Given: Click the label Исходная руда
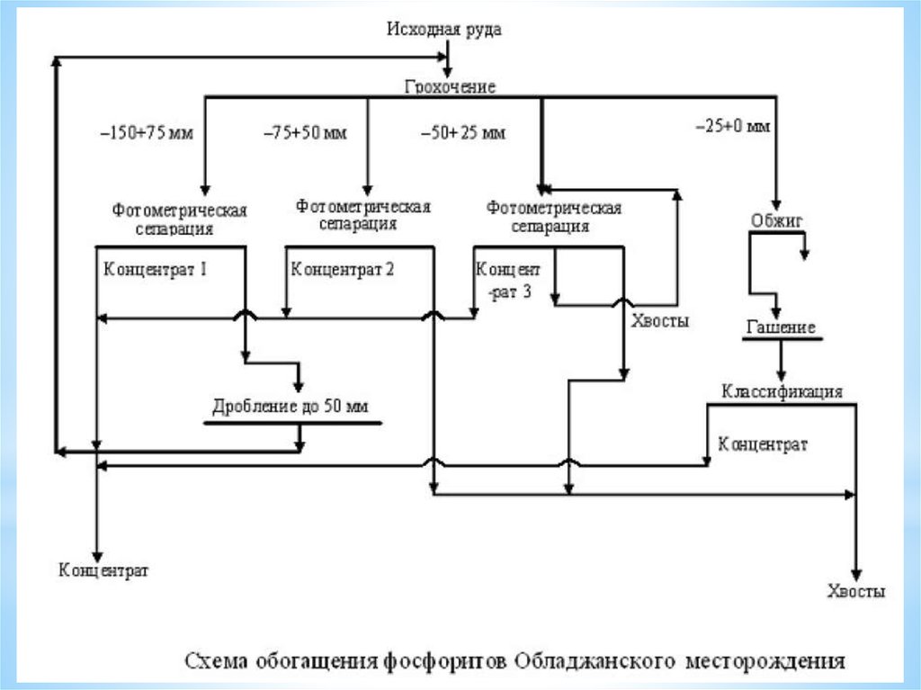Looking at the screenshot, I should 443,30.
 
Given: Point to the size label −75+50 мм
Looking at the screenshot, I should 305,132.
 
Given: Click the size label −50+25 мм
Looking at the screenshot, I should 463,133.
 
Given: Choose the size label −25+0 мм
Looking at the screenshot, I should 733,127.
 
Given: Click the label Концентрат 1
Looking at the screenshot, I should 156,267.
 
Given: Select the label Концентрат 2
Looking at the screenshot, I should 343,267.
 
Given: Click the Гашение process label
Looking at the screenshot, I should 780,327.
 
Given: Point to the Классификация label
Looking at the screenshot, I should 782,391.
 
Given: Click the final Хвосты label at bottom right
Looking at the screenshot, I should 855,591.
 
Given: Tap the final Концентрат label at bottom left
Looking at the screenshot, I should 103,570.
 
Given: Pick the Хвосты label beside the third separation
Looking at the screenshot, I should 661,321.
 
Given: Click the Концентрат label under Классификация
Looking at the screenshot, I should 763,444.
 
